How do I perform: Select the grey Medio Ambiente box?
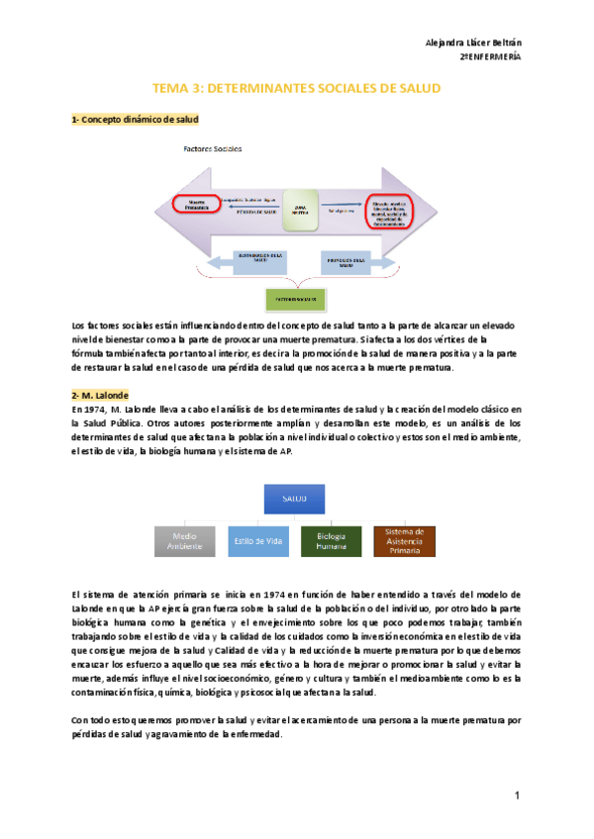(184, 540)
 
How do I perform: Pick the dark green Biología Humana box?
(332, 540)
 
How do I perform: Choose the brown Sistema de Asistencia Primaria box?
(404, 540)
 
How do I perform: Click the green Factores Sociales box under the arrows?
(294, 296)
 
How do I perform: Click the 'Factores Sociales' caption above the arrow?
(212, 148)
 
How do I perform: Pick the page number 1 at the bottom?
(517, 795)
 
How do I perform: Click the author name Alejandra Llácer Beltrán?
(473, 43)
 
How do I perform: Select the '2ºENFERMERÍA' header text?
(491, 57)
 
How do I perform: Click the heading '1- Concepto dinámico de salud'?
(135, 120)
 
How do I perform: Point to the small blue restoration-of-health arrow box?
(260, 259)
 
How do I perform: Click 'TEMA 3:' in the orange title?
(175, 89)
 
